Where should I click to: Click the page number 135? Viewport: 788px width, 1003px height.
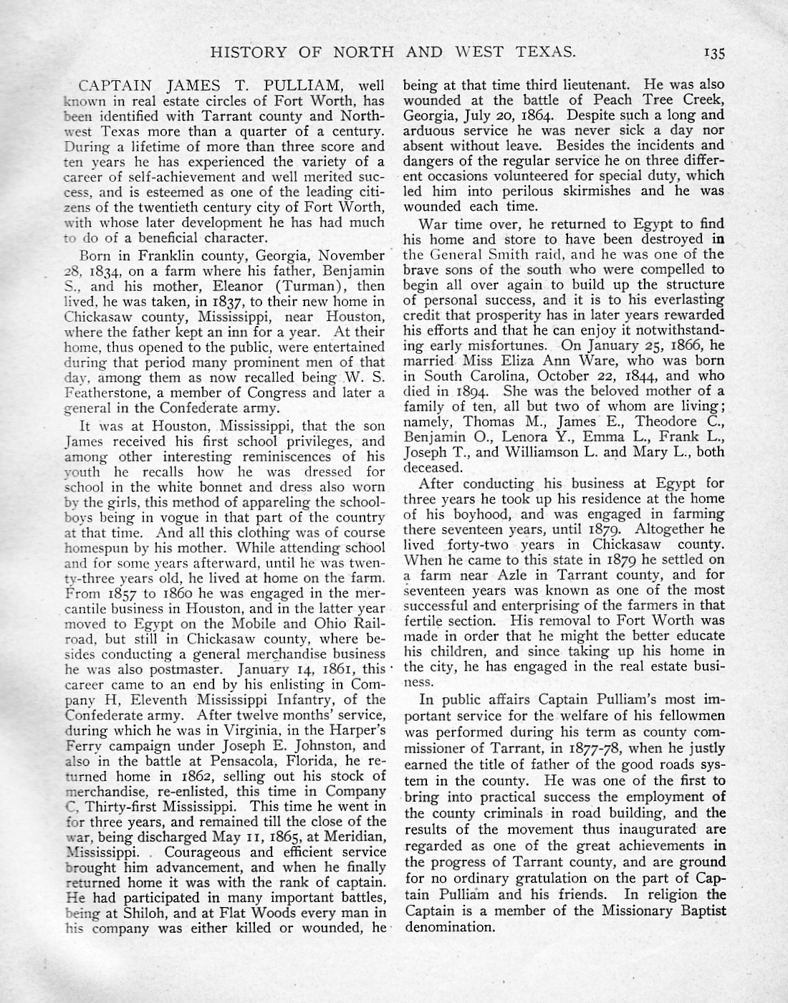[715, 52]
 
